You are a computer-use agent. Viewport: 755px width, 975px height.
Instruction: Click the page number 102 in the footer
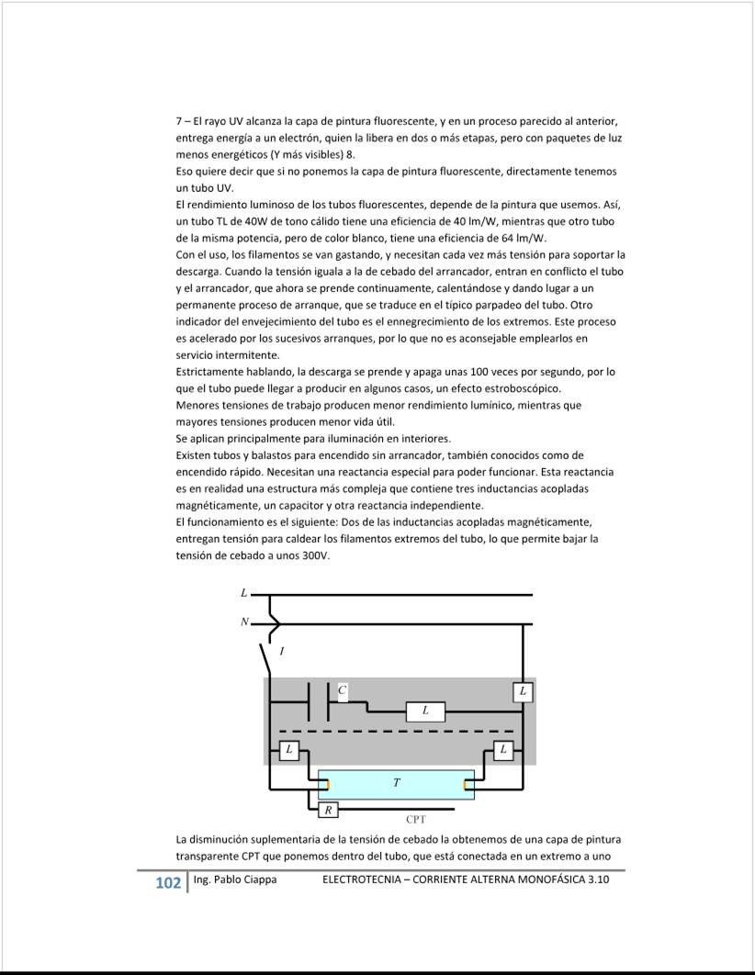click(x=168, y=883)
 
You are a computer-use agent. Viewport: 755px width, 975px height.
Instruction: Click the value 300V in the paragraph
click(x=314, y=556)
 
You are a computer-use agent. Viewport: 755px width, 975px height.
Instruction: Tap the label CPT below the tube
click(x=416, y=819)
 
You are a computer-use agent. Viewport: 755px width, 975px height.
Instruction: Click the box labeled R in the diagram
click(x=328, y=810)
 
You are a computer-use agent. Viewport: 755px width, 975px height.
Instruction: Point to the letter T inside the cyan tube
click(x=396, y=783)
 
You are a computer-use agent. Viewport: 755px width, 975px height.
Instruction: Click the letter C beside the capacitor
click(x=342, y=689)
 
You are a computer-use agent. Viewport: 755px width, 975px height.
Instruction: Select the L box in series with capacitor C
click(x=425, y=712)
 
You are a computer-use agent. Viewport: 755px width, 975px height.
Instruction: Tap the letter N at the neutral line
click(x=244, y=622)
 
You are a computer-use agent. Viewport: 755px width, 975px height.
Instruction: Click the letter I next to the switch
click(x=281, y=652)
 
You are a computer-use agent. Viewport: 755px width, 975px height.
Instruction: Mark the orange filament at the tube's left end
click(x=325, y=785)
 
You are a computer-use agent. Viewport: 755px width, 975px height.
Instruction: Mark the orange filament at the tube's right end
click(x=467, y=785)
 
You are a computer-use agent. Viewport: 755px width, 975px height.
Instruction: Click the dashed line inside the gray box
click(x=396, y=732)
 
